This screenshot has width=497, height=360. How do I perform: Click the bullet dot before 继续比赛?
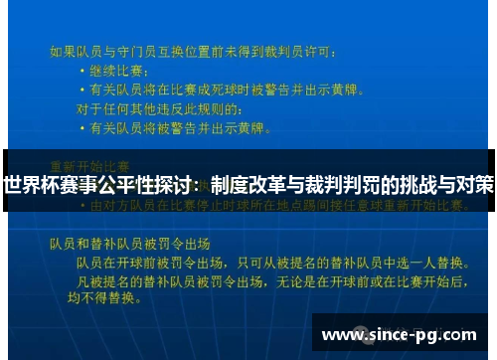83,72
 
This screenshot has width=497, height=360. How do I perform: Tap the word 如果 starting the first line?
63,50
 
